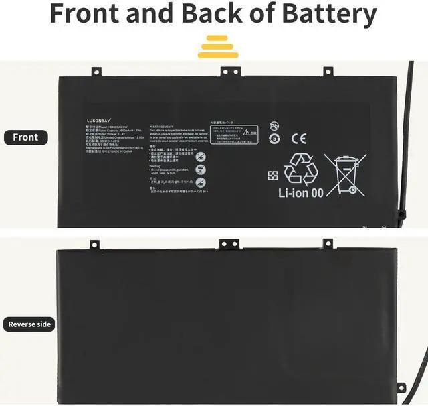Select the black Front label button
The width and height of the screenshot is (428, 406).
[x=26, y=137]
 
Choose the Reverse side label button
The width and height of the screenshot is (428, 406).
[x=29, y=324]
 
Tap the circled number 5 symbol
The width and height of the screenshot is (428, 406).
[x=274, y=139]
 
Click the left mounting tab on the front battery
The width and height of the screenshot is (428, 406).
[x=95, y=70]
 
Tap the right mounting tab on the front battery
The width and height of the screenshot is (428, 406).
[x=328, y=70]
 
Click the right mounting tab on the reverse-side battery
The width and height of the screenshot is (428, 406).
[x=328, y=243]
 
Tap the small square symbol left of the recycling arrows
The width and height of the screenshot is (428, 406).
[x=273, y=176]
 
